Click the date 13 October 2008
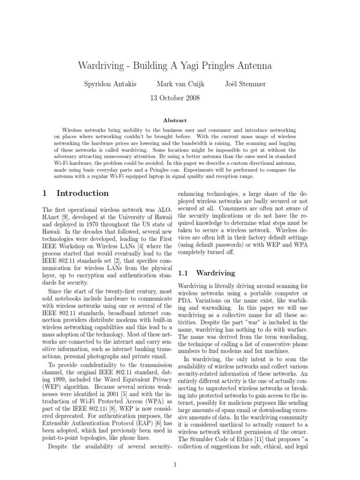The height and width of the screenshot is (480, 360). [x=174, y=98]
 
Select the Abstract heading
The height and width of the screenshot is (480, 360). [x=174, y=120]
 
